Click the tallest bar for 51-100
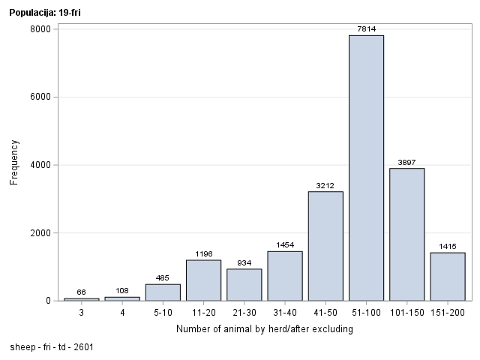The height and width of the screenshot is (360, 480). tap(366, 168)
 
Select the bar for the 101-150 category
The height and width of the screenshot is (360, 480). tap(406, 234)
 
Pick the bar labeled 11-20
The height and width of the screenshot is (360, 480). tap(203, 280)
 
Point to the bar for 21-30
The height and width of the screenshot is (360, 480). tap(244, 285)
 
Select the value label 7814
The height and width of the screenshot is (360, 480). tap(366, 29)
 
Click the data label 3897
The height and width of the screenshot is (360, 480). tap(406, 162)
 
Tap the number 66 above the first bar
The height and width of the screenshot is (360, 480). tap(81, 292)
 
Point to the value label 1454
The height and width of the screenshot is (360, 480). tap(284, 245)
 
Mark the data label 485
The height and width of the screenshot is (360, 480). tap(163, 278)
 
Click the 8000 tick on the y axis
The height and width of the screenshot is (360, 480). tap(40, 29)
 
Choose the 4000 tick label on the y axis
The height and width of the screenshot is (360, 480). tap(40, 165)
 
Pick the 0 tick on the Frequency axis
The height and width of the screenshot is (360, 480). tap(47, 301)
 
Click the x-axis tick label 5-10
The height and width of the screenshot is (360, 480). tap(163, 312)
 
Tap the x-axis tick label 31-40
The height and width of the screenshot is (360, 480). tap(284, 312)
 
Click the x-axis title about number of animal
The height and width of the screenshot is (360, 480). tap(264, 328)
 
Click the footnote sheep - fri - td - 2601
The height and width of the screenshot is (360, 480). tap(52, 348)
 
